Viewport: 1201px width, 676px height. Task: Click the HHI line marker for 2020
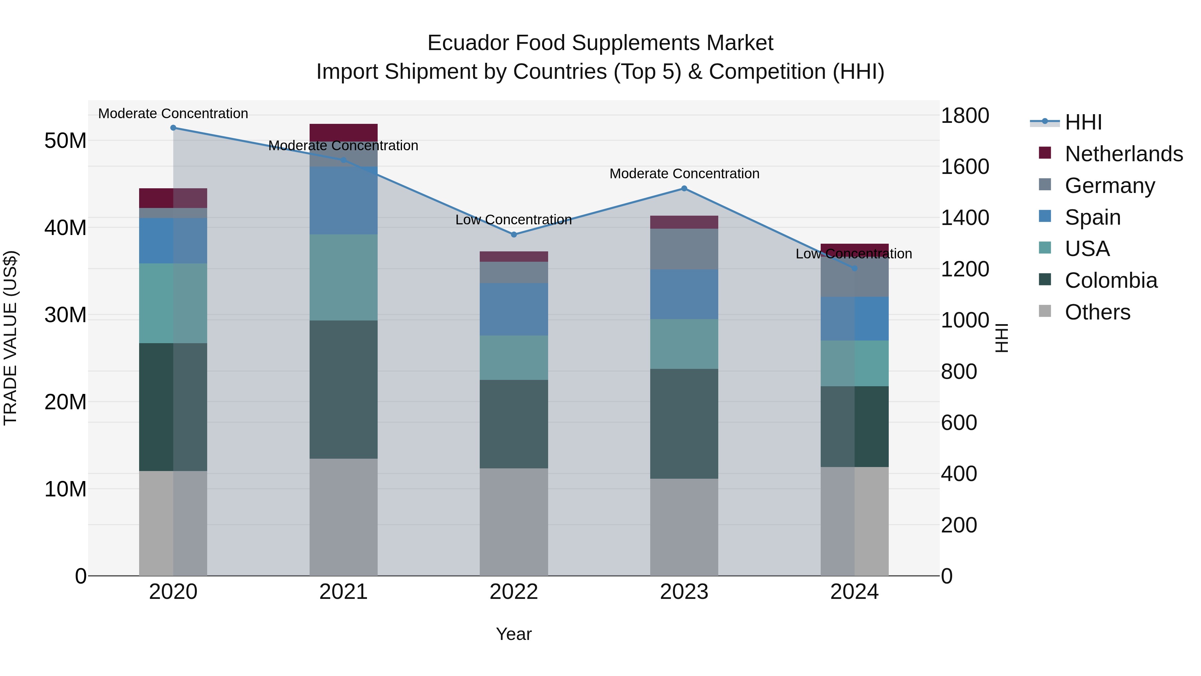(173, 128)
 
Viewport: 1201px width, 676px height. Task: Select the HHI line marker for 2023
(684, 189)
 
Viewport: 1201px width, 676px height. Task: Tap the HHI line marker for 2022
(514, 235)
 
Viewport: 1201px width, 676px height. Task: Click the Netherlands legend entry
(1124, 154)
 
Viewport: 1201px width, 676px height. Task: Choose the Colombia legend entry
(1111, 280)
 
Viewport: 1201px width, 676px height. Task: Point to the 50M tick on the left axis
(65, 141)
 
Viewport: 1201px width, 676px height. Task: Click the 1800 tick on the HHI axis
(964, 116)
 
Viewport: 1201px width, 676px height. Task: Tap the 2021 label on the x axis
(343, 592)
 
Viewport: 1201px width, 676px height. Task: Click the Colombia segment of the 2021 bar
(343, 390)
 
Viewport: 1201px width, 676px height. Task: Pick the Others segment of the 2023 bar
(684, 527)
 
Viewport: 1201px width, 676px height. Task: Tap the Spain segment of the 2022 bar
(514, 309)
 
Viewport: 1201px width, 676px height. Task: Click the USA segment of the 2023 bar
(684, 344)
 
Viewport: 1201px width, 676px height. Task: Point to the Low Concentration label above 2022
(513, 220)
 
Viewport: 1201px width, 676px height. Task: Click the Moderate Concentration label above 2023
(684, 174)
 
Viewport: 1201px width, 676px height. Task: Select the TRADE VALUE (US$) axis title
(10, 338)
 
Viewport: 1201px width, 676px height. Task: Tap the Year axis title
(514, 634)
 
